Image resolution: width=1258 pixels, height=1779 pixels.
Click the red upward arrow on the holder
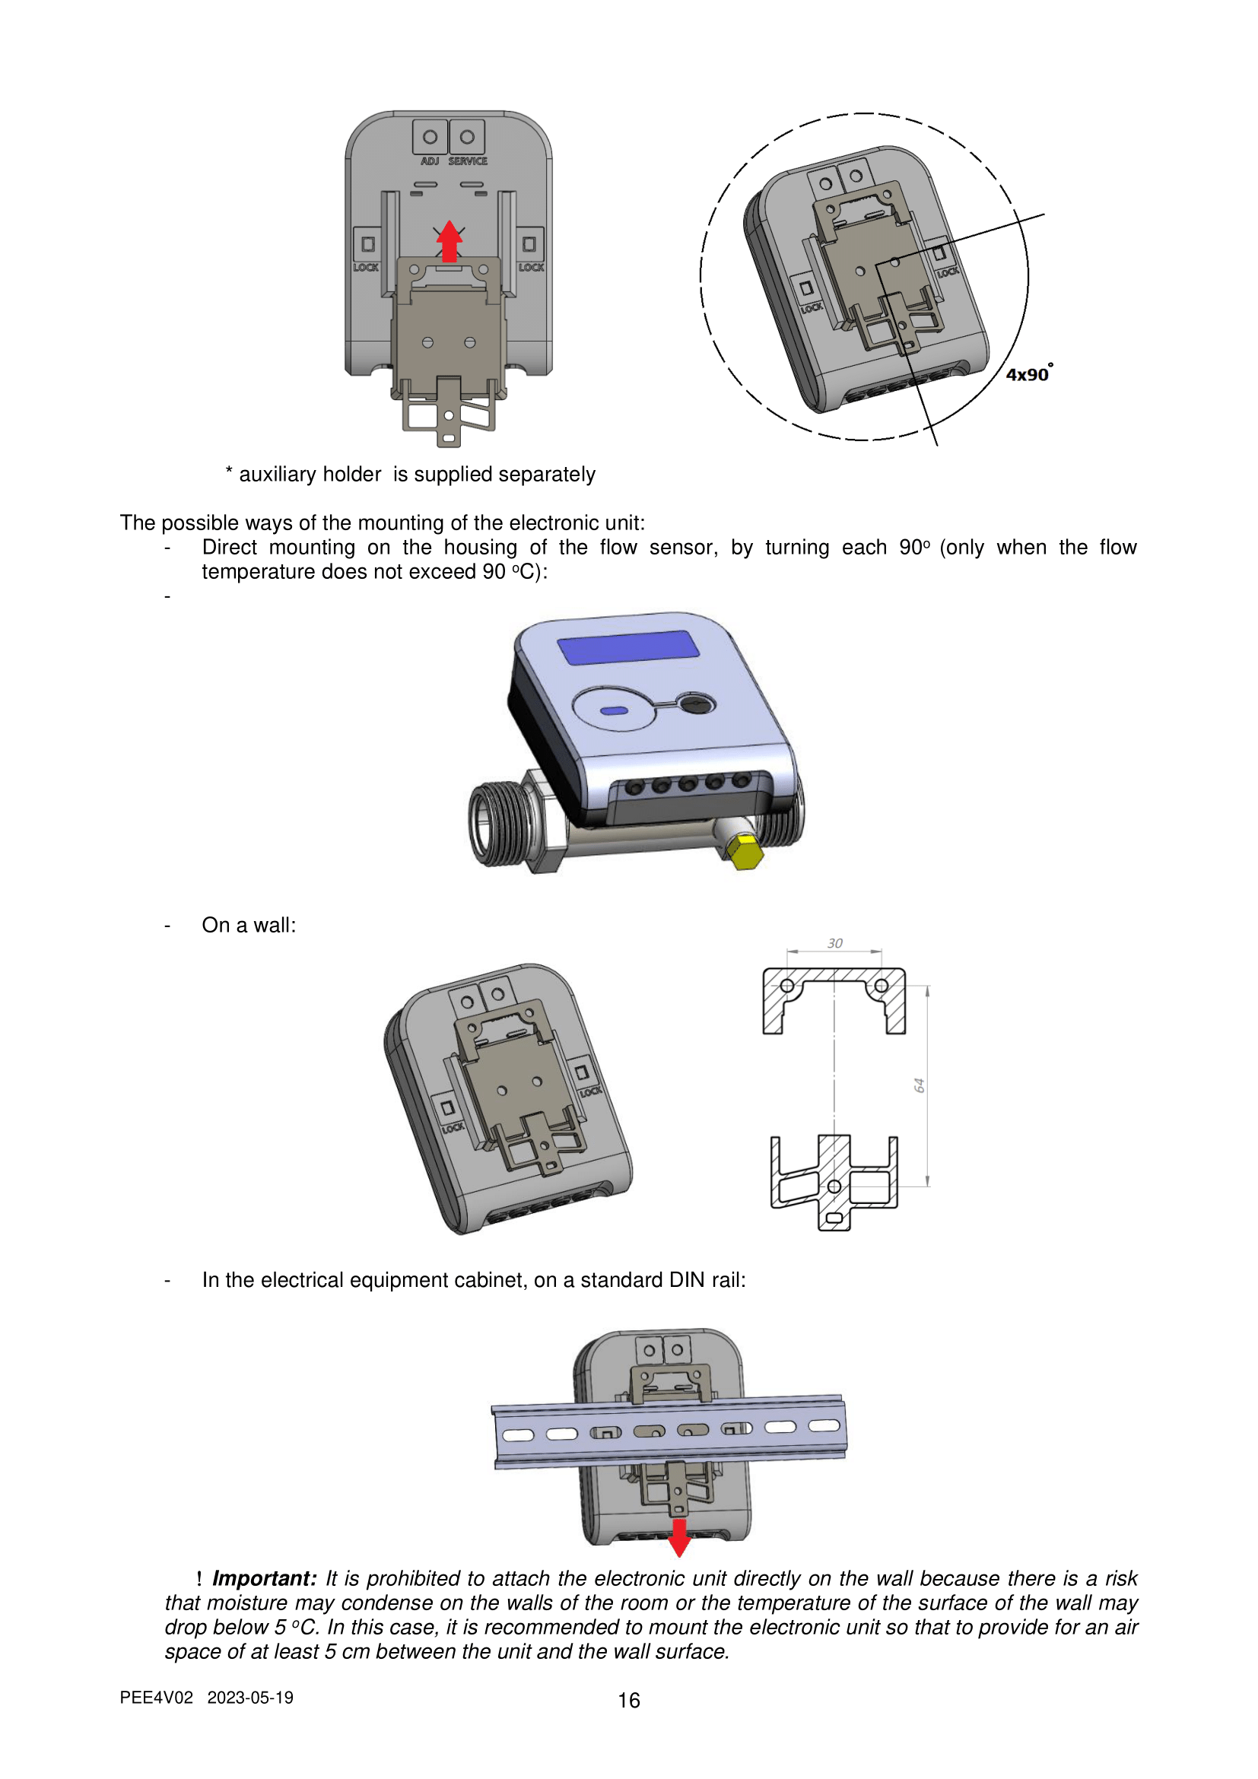450,241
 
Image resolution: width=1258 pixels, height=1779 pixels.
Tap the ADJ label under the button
430,161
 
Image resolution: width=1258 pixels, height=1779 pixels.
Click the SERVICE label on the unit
468,161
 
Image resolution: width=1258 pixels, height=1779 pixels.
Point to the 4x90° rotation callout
1030,373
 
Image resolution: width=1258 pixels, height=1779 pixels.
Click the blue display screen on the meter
628,647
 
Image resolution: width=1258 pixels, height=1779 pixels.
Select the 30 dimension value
834,943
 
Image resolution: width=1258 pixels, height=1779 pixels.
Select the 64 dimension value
920,1085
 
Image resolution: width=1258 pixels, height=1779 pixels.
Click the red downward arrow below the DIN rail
679,1537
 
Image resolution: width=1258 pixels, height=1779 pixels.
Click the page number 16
629,1700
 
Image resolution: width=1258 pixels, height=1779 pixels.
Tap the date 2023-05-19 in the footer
250,1698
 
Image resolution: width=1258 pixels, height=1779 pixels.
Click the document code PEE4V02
157,1698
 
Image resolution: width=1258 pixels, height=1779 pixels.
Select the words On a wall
249,925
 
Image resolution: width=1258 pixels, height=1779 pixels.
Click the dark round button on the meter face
697,704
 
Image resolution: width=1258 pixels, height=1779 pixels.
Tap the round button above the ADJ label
430,137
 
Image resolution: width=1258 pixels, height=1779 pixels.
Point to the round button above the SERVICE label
467,137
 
